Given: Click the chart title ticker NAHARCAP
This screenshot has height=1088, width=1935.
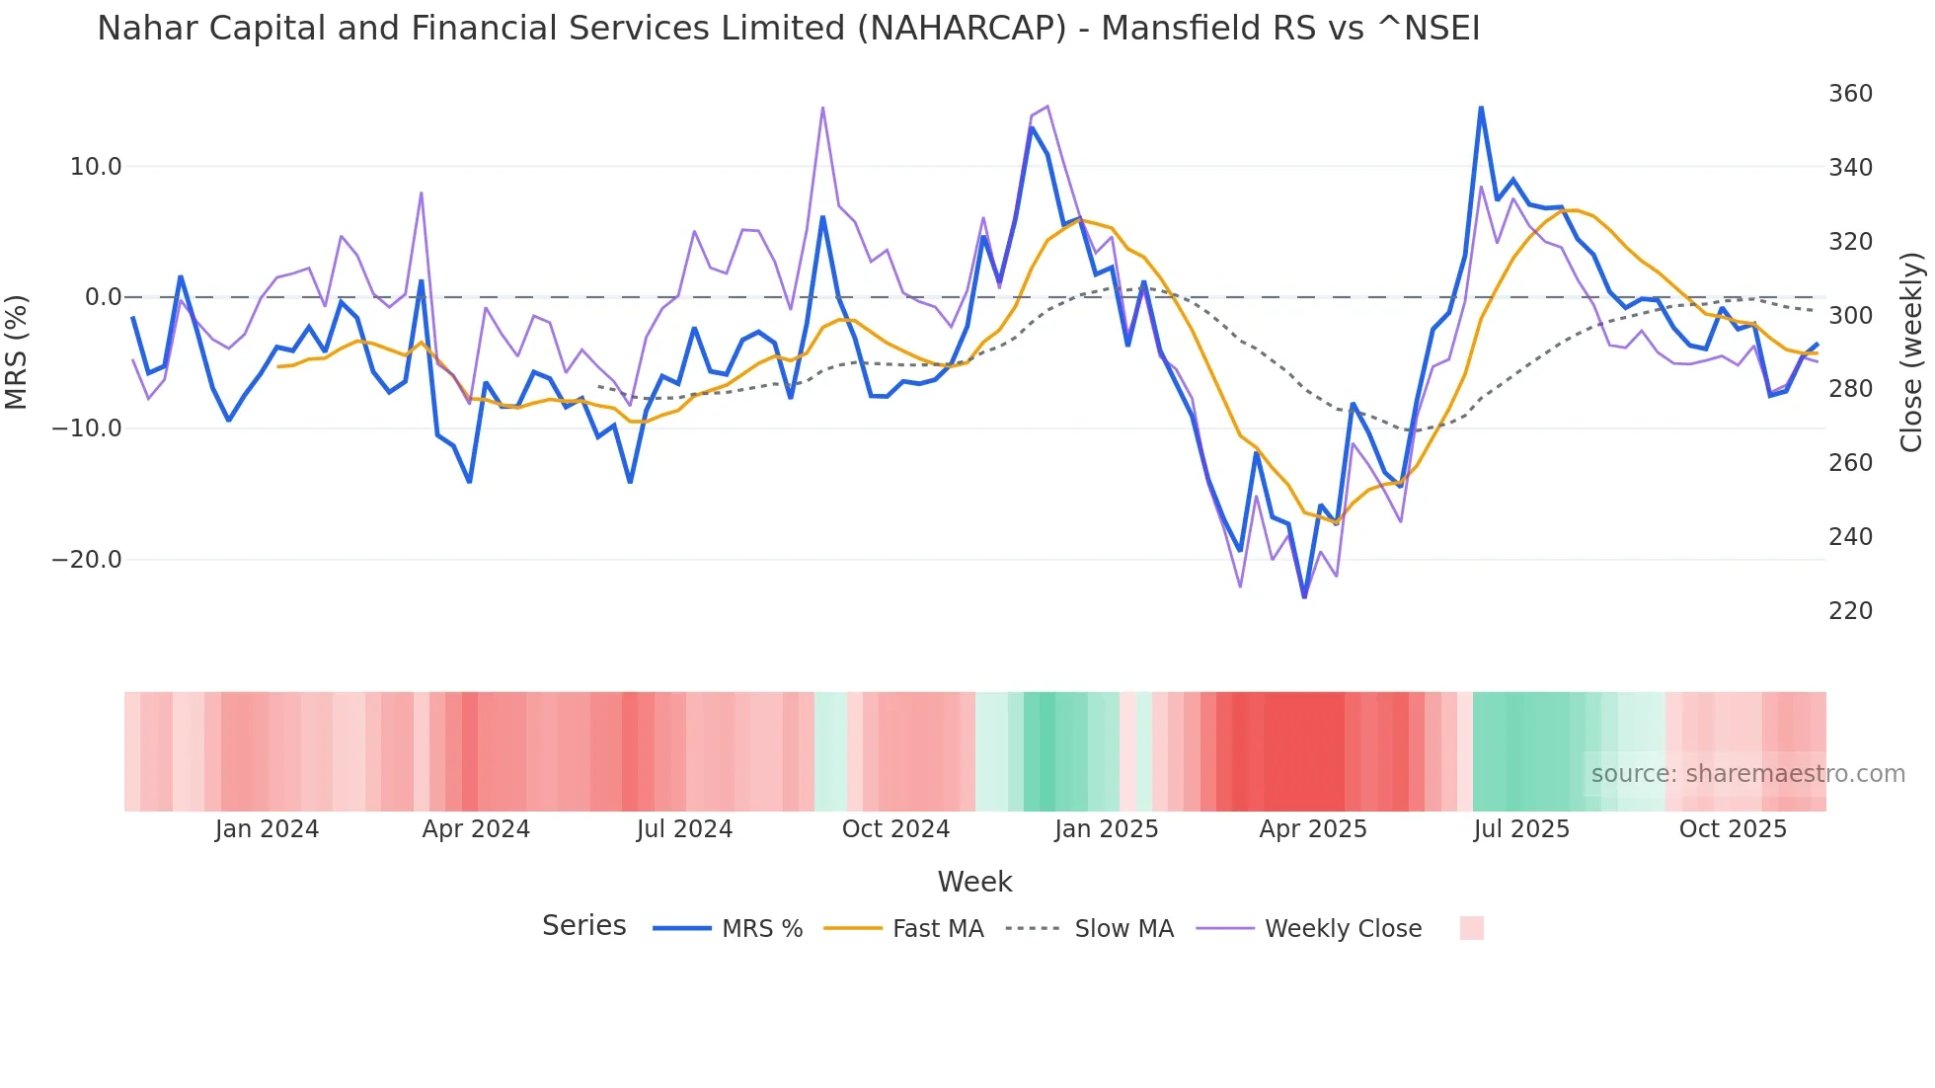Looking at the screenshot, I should point(962,29).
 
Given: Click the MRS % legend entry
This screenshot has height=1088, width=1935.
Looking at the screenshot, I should point(761,929).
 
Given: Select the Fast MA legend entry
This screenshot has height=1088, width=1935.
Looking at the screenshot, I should point(937,929).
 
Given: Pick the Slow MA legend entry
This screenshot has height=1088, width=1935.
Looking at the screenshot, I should point(1123,929).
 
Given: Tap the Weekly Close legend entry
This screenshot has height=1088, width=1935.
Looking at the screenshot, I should point(1343,929).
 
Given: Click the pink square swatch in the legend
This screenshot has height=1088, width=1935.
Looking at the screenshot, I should point(1471,928).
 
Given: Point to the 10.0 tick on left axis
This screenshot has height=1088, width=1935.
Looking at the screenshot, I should point(96,167).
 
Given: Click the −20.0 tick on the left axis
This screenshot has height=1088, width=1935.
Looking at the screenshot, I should point(87,560).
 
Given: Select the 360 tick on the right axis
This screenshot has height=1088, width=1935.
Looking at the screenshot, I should point(1850,94).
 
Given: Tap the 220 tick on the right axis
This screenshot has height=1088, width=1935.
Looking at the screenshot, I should point(1850,611).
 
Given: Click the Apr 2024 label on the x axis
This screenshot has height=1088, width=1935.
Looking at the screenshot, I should point(476,829).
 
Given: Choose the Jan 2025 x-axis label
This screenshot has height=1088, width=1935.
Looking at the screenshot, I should point(1106,829).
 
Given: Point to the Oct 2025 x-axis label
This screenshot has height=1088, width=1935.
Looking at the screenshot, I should point(1733,829).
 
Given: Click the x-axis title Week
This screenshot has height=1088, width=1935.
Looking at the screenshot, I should point(974,882).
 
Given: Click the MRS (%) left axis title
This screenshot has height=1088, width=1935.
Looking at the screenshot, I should point(17,352).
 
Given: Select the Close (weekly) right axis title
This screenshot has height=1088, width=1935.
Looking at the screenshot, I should point(1911,352).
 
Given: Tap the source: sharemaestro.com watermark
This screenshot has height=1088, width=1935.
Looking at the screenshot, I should point(1747,774).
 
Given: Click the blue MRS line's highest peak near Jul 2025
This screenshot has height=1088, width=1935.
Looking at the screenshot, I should point(1481,107).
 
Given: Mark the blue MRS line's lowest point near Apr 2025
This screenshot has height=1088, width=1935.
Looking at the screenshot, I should point(1304,596).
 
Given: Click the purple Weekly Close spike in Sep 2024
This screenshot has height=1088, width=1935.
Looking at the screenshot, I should point(822,108).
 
